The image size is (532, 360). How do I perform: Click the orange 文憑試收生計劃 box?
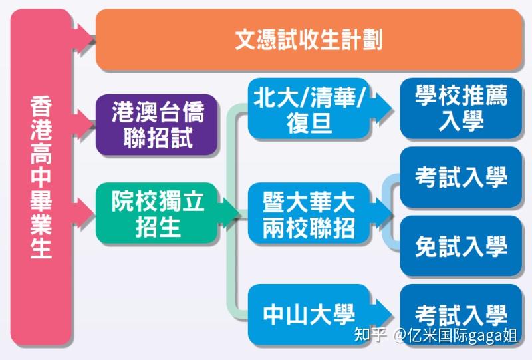coord(309,39)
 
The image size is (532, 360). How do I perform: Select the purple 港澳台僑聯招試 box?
coord(157,124)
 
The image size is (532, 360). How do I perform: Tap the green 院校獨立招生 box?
coord(157,214)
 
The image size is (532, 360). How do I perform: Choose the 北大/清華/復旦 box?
coord(309,108)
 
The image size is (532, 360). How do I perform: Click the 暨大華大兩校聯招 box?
coord(309,214)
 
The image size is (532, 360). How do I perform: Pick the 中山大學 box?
coord(309,315)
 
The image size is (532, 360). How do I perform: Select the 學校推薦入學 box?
coord(461,108)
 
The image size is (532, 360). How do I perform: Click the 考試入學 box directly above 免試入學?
coord(461,177)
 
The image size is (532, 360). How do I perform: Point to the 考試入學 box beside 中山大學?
coord(461,315)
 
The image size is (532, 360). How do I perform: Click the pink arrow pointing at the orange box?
coord(84,37)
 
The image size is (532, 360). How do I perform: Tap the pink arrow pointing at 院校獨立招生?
coord(84,213)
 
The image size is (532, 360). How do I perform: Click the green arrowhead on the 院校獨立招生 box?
coord(228,213)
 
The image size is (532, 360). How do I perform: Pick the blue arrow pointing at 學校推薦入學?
coord(381,108)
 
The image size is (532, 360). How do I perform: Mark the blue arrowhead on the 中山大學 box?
coord(381,315)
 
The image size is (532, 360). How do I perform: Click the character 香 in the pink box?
coord(41,106)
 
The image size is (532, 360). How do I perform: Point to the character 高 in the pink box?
coord(41,154)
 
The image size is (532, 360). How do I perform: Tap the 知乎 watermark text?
coord(370,335)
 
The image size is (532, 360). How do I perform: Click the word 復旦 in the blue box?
coord(309,122)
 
